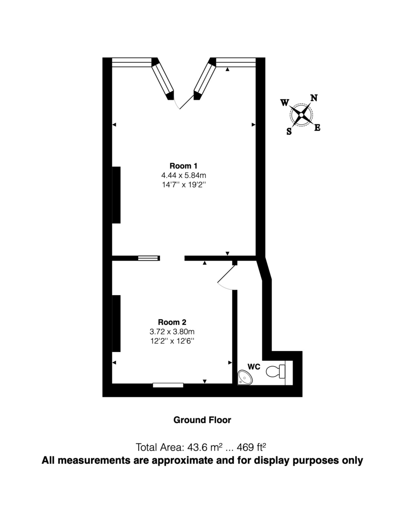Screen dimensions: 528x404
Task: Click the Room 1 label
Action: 184,166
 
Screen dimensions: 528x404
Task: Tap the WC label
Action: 253,366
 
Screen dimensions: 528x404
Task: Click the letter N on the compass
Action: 314,98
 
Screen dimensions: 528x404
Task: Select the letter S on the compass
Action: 289,131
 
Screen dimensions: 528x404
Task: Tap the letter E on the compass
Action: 317,128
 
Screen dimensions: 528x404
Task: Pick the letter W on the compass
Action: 285,103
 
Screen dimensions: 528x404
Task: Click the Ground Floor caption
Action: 202,420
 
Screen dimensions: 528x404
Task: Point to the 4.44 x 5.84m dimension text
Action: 184,176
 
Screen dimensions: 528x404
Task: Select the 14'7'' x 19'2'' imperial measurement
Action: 184,185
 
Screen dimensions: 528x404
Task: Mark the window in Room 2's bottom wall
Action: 168,385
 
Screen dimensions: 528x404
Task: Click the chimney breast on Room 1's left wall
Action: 116,195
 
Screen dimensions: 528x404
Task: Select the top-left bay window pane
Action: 132,62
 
